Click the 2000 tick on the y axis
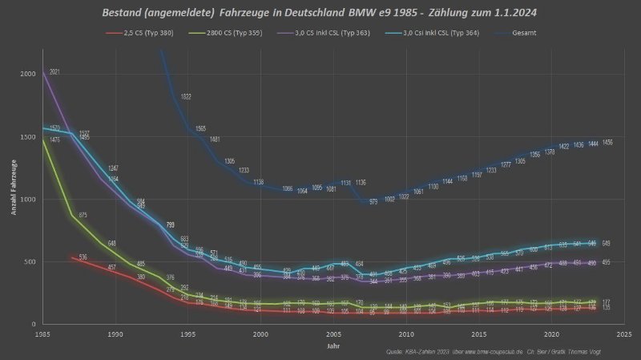click(28, 74)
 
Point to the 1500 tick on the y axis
click(28, 136)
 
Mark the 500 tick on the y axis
click(30, 261)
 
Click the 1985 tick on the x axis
click(43, 334)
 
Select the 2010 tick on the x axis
click(407, 334)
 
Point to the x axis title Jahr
click(332, 346)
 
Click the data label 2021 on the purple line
click(54, 72)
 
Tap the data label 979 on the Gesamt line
click(373, 202)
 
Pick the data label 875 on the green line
click(83, 215)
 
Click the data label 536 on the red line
click(83, 257)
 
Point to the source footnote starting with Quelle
click(498, 353)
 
